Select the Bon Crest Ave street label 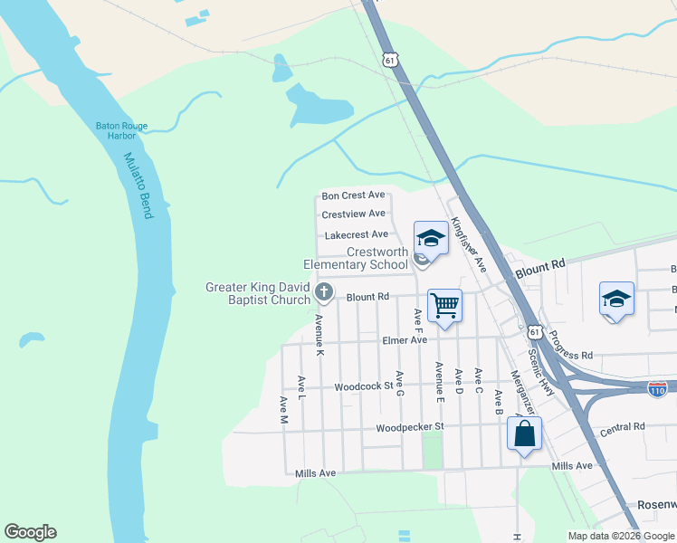(x=353, y=195)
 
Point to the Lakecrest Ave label (x=356, y=234)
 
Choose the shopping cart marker (x=444, y=305)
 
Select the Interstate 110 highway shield (x=658, y=388)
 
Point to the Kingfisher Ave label (x=469, y=244)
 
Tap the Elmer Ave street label (x=404, y=340)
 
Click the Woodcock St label (x=362, y=386)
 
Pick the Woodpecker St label (x=411, y=426)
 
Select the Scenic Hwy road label (x=541, y=369)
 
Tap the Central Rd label (x=622, y=427)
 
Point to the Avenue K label (x=319, y=328)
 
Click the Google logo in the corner (x=30, y=532)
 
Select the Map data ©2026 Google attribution (x=621, y=536)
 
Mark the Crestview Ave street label (x=353, y=214)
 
